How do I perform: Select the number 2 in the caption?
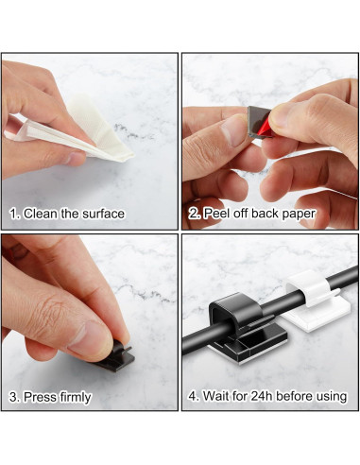(x=193, y=214)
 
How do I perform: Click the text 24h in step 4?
(x=263, y=396)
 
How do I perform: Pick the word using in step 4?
(x=329, y=397)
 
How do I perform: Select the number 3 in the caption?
(x=13, y=397)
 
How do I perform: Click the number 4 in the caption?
(x=193, y=396)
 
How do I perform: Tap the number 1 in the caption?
(x=13, y=214)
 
